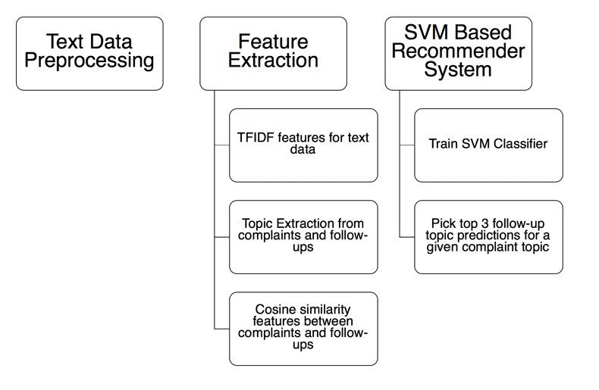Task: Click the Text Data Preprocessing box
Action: pos(89,54)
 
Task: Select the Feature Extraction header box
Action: pos(273,54)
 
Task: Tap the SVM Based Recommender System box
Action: pos(459,54)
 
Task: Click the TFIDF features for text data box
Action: pos(303,145)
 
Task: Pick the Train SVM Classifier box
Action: pos(488,145)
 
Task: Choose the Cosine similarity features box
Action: pos(303,329)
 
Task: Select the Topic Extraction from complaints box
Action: pos(303,237)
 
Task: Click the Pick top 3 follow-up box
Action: pos(488,237)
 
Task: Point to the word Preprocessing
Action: pos(89,61)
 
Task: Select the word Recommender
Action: pos(459,51)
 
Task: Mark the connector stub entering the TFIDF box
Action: pos(222,145)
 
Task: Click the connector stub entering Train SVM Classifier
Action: pos(407,145)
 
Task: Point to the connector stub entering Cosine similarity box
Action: pos(222,329)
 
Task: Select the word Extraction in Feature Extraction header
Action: pos(273,61)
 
